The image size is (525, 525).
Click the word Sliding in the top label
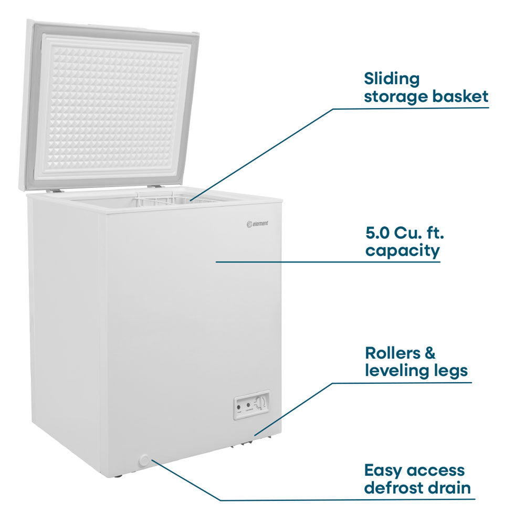(392, 79)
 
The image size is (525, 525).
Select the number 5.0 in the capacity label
(376, 233)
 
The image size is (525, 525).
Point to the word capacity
(402, 251)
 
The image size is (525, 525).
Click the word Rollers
(388, 353)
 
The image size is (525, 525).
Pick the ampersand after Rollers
(429, 353)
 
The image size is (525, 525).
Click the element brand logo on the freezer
(257, 224)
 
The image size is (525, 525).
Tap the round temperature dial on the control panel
(260, 402)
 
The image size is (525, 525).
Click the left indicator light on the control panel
(239, 407)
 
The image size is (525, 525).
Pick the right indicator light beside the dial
(248, 405)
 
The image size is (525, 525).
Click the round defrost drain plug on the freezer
(144, 460)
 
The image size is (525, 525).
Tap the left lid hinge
(55, 191)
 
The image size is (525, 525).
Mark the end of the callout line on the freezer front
(216, 262)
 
